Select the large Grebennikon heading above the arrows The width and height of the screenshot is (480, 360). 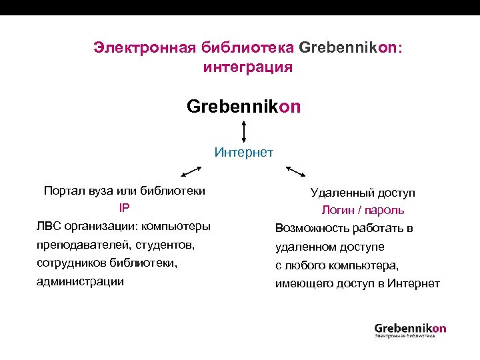[x=244, y=107]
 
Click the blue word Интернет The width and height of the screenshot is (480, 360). [x=244, y=152]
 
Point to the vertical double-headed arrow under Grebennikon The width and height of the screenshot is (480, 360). [x=245, y=131]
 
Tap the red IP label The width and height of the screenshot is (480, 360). [x=124, y=208]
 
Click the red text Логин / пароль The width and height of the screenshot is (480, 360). [x=363, y=210]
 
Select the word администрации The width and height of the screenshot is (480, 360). [x=80, y=281]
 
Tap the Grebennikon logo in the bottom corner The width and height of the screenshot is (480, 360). [x=410, y=329]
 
